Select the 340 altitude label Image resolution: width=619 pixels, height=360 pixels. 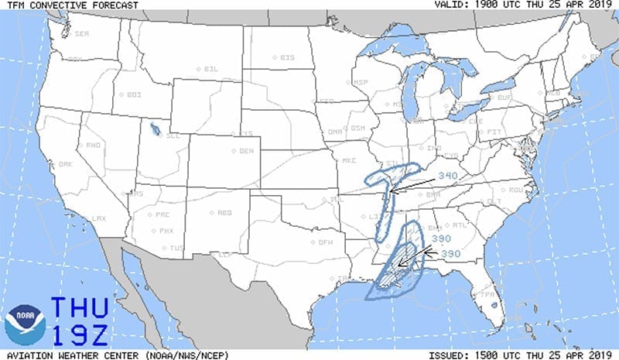(448, 177)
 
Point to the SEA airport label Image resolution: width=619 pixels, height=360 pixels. (81, 35)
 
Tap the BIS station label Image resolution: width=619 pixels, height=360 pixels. (286, 57)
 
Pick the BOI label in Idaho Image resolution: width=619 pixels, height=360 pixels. (134, 94)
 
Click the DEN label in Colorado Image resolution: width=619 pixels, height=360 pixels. (247, 151)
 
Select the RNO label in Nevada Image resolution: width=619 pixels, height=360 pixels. (93, 146)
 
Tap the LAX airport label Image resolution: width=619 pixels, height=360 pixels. (98, 219)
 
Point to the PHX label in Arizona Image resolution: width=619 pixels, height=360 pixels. (166, 231)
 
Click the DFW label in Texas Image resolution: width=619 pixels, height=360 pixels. (326, 242)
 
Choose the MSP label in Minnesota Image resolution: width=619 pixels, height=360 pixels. (361, 83)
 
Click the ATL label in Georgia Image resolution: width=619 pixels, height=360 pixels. (460, 225)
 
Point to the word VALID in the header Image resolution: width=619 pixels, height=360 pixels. (452, 5)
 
